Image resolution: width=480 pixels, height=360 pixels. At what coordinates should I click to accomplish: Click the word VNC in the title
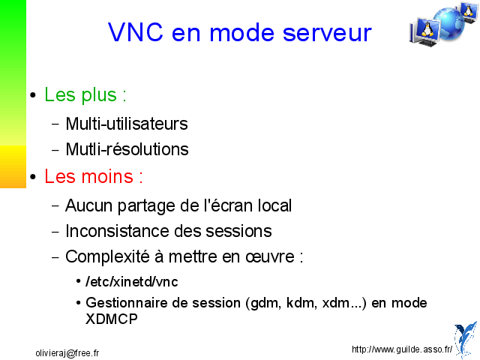tap(136, 32)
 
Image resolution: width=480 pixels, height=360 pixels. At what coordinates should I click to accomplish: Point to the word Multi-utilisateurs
tap(127, 124)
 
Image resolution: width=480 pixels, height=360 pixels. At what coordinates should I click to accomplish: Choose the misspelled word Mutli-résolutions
tap(127, 149)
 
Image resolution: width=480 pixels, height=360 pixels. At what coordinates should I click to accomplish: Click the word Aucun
tap(88, 205)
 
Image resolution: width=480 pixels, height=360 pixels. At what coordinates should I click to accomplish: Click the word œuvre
tap(270, 256)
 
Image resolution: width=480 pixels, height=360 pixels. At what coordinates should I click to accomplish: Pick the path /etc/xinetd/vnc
tap(132, 282)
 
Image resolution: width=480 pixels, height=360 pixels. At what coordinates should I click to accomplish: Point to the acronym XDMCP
tap(112, 319)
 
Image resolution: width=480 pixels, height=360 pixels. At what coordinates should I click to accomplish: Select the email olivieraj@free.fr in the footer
tap(67, 353)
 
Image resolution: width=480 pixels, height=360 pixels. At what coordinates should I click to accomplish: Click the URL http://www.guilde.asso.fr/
tap(402, 349)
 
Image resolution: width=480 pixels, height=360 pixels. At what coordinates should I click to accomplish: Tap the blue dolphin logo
tap(466, 339)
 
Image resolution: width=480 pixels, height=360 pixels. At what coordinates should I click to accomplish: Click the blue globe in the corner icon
tap(449, 24)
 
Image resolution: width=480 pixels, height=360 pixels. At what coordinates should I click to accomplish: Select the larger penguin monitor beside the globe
tap(425, 31)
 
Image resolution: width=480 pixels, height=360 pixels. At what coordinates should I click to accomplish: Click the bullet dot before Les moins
tap(33, 177)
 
